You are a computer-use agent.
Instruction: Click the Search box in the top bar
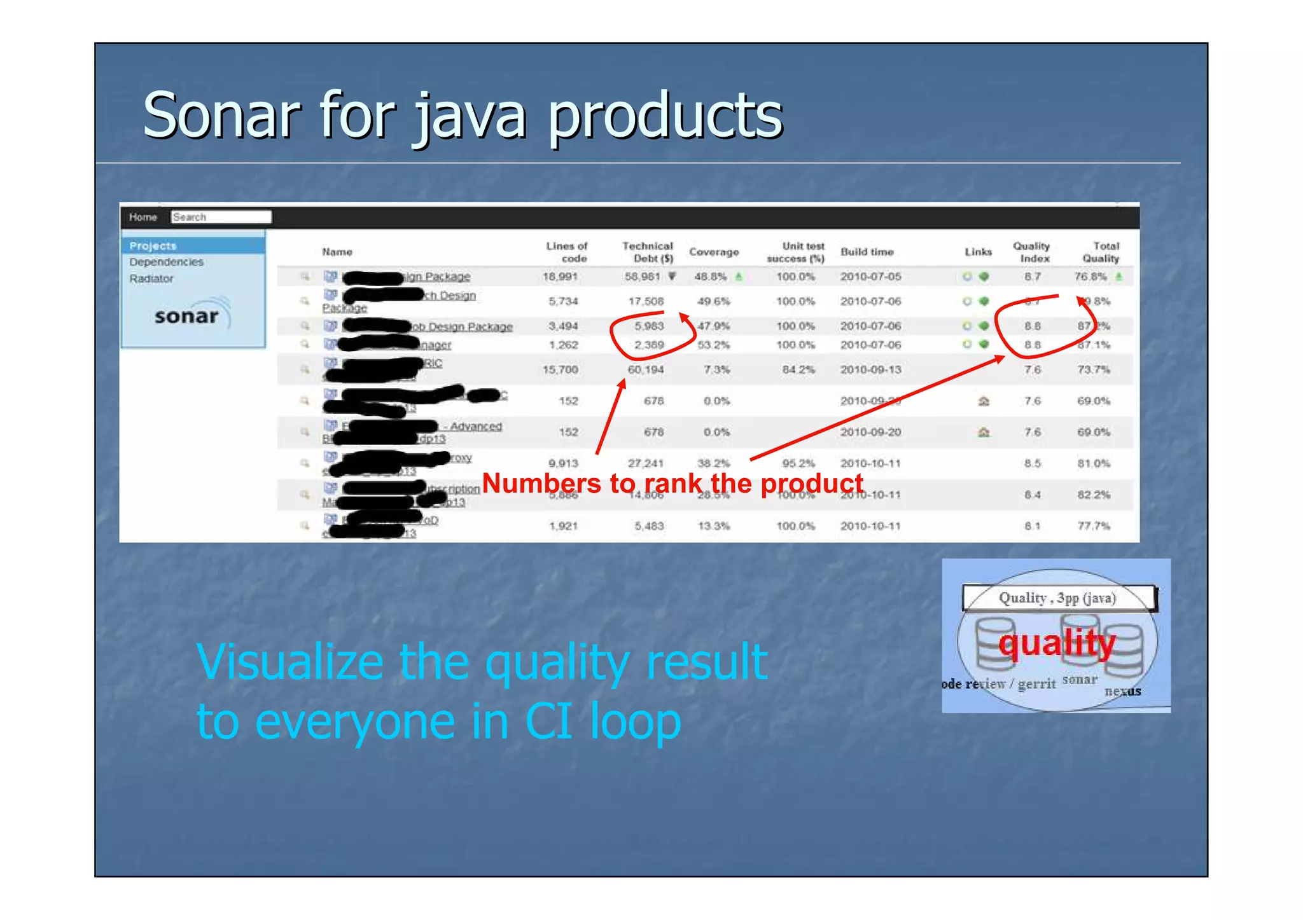(221, 217)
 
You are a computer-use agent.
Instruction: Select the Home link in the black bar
(143, 217)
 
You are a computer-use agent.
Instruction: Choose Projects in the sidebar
(153, 246)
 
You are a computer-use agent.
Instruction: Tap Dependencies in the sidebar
(166, 262)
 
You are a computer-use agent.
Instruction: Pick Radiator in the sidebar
(151, 278)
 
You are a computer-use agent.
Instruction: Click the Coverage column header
(714, 252)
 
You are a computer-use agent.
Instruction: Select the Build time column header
(867, 252)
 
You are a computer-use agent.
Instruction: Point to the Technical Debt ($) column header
(647, 252)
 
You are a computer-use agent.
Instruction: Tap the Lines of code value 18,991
(560, 277)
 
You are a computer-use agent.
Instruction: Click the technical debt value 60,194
(646, 369)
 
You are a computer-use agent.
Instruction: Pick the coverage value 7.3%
(716, 369)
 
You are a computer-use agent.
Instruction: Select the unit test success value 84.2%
(798, 369)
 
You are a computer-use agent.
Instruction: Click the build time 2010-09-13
(870, 369)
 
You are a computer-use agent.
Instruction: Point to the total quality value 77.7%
(1094, 526)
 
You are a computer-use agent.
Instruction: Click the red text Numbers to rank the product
(672, 483)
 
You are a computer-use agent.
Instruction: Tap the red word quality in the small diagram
(1057, 643)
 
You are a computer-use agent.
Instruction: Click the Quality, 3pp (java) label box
(1057, 598)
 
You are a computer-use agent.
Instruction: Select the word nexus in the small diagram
(1122, 691)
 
